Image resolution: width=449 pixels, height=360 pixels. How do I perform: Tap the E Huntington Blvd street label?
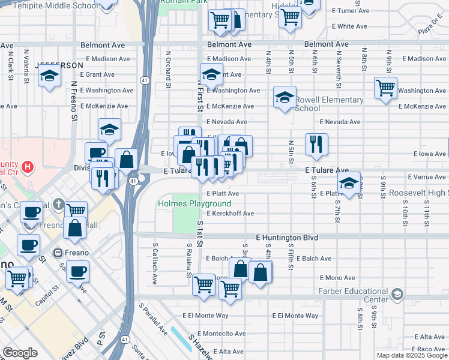click(286, 238)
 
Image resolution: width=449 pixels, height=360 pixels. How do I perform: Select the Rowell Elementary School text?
click(329, 104)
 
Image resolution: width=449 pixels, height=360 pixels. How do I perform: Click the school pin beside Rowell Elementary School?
click(285, 97)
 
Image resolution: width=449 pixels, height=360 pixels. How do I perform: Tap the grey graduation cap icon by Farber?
click(397, 294)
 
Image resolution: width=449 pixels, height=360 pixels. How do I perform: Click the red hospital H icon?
click(26, 166)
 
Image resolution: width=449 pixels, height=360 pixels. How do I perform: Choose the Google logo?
click(20, 353)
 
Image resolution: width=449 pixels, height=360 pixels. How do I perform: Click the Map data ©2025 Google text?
click(411, 355)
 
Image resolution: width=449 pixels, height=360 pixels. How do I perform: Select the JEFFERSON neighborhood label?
click(59, 65)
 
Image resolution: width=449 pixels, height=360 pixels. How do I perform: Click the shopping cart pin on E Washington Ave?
click(385, 88)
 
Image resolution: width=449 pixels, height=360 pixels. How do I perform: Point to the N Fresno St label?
click(74, 103)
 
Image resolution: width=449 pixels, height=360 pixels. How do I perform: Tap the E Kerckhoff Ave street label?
click(231, 214)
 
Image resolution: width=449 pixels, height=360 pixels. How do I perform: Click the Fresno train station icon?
click(58, 253)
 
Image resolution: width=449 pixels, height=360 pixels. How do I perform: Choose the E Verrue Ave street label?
click(426, 178)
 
